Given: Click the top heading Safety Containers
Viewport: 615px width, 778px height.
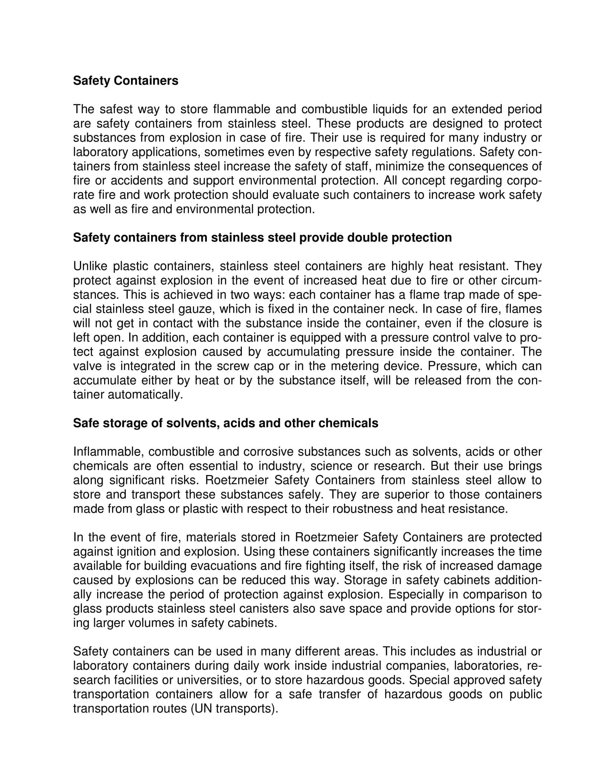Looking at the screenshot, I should coord(125,81).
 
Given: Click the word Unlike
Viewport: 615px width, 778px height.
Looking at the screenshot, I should coord(90,266).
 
